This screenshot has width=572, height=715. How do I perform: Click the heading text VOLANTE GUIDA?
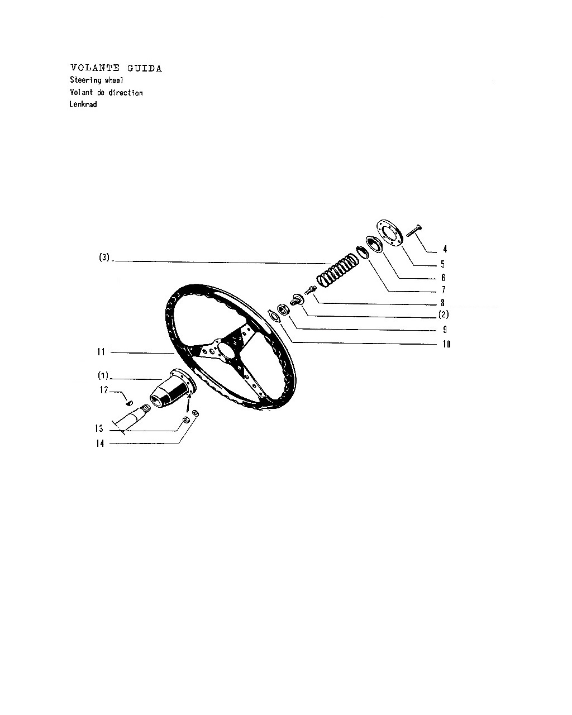click(116, 68)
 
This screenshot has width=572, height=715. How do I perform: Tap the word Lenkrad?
click(83, 104)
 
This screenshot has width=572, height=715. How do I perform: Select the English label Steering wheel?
click(97, 80)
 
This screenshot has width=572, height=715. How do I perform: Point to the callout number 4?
click(445, 249)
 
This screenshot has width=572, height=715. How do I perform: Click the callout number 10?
click(446, 344)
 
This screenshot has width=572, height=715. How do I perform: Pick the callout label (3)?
click(104, 257)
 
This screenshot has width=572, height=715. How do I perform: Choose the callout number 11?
click(101, 352)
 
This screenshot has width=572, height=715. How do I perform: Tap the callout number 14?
click(100, 444)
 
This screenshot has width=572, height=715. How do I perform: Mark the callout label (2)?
click(444, 314)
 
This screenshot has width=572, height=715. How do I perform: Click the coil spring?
click(337, 270)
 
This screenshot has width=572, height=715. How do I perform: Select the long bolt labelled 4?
click(414, 230)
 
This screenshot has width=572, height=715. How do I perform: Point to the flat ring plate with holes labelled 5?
click(390, 233)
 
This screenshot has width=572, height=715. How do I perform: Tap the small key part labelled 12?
click(130, 403)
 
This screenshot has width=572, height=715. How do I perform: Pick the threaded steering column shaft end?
click(132, 420)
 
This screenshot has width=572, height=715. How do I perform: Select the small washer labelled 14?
click(196, 413)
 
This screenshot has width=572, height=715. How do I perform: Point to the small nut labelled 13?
click(187, 420)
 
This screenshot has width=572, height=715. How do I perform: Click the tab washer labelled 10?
click(274, 315)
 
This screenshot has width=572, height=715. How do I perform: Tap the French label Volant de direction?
click(106, 93)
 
